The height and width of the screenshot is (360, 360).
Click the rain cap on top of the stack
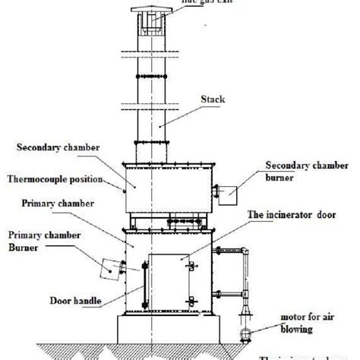(150, 14)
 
